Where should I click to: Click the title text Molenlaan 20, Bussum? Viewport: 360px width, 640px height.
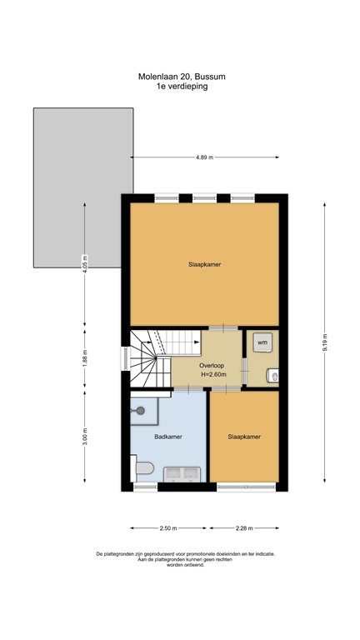click(181, 76)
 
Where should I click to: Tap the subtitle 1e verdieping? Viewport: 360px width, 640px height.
click(181, 85)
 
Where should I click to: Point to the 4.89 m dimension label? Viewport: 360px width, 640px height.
click(204, 157)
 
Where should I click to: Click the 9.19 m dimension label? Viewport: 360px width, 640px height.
click(326, 342)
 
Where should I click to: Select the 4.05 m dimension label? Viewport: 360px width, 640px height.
click(84, 263)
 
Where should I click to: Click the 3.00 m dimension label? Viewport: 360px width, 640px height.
click(84, 437)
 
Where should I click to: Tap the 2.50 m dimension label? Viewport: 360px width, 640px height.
click(168, 528)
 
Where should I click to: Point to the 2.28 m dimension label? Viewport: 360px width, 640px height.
click(243, 528)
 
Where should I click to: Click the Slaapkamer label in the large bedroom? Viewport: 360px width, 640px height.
click(204, 264)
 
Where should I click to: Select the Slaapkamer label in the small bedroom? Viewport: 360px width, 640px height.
click(245, 436)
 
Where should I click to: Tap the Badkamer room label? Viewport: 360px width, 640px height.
click(167, 436)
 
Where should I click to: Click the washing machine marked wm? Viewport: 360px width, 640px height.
click(262, 342)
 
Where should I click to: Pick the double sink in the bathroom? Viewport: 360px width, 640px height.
click(181, 474)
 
